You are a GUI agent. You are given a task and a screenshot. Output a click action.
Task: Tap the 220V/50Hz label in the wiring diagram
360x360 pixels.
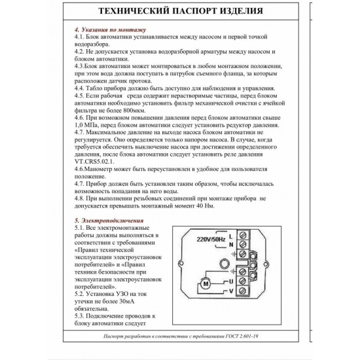coord(211,240)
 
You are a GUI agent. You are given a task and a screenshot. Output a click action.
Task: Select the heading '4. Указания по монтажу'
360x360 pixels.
coord(109,30)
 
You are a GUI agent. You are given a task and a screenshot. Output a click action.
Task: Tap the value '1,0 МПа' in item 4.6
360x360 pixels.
coord(89,124)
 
